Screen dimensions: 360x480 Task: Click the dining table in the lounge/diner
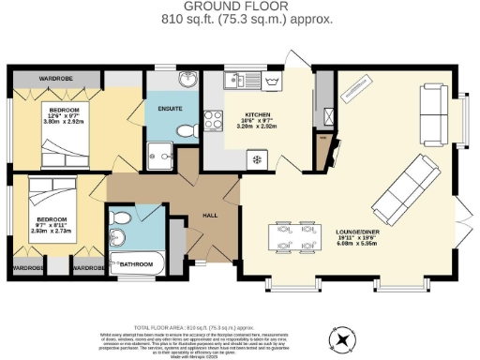click(294, 236)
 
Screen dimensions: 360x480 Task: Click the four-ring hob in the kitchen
click(212, 120)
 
